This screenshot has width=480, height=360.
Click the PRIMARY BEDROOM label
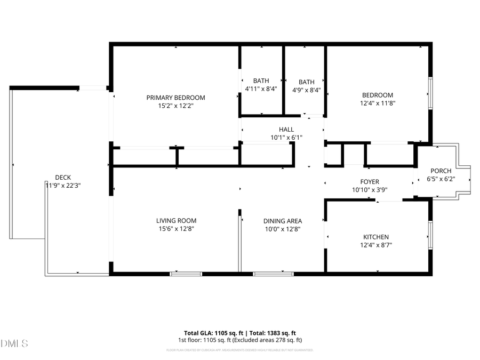point(175,98)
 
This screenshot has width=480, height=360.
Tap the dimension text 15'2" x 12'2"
point(175,106)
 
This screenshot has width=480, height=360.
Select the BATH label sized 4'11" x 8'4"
point(261,81)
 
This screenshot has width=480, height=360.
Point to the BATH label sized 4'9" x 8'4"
point(306,82)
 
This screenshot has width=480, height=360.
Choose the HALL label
point(286,130)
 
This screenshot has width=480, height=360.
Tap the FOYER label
point(369,182)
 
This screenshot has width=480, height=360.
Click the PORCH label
point(441,171)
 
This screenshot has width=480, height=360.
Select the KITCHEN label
point(376,237)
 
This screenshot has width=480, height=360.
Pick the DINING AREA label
point(283,221)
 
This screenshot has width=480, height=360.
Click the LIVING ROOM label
point(176,221)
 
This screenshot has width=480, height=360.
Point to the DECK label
point(63,178)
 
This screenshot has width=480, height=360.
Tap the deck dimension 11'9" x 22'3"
point(63,186)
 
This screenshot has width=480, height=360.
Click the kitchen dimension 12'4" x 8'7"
point(376,245)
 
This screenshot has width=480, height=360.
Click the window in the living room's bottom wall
point(186,274)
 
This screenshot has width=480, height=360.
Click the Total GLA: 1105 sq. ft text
point(212,332)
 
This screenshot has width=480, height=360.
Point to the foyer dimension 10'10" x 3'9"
point(369,190)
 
